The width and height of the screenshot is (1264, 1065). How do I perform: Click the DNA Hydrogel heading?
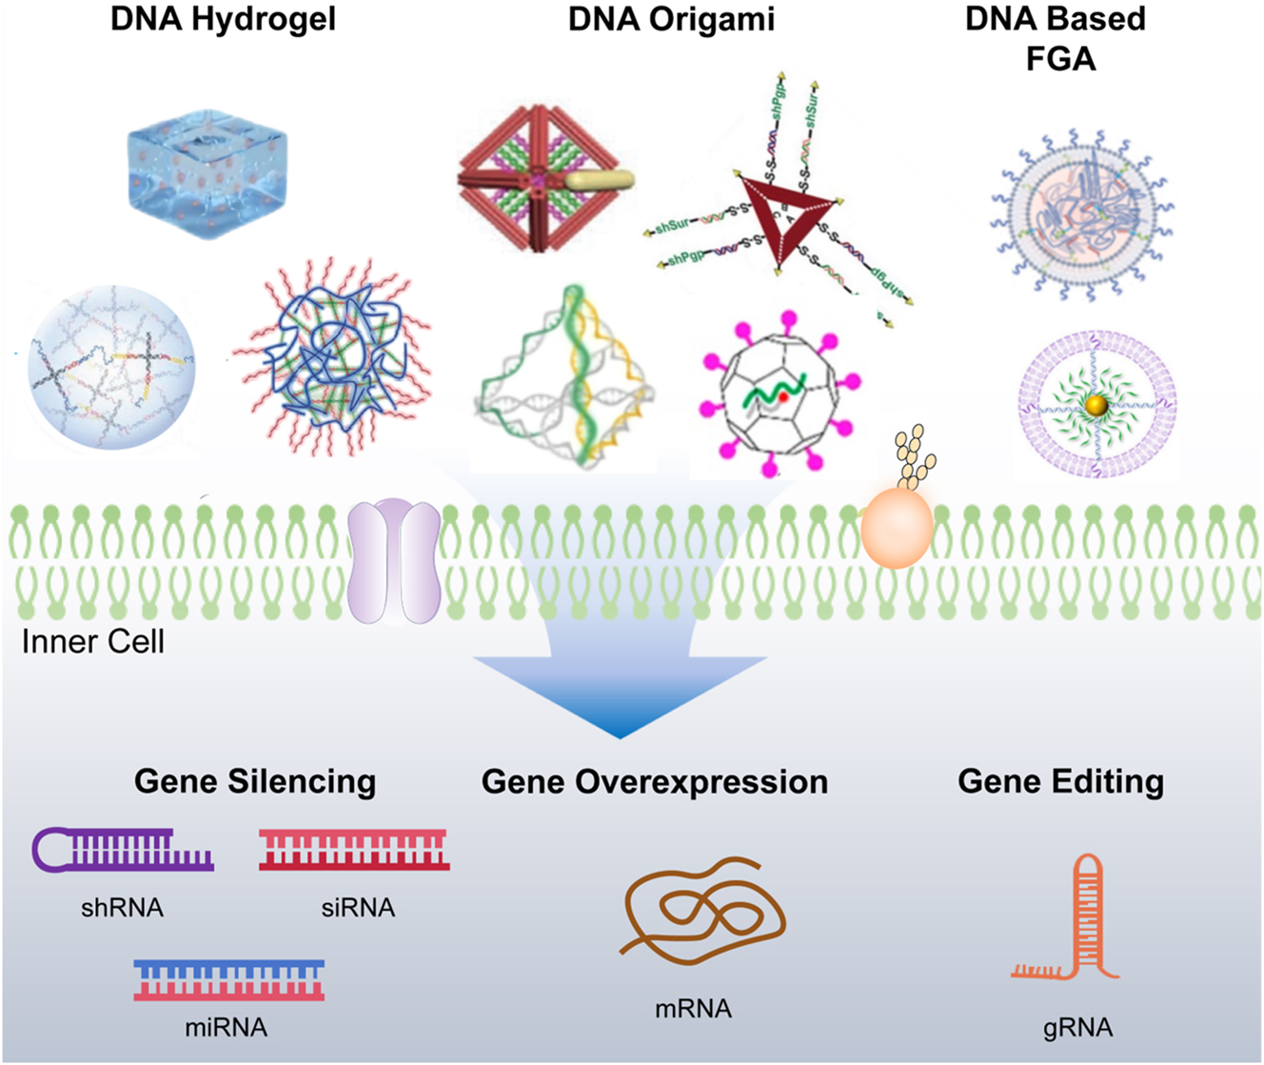coord(223,19)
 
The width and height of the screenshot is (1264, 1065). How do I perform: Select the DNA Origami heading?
coord(671,19)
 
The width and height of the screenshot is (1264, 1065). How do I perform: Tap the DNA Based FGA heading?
coord(1056,38)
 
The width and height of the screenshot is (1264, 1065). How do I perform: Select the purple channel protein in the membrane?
coord(395,563)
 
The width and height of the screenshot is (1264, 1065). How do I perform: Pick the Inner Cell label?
coord(93,641)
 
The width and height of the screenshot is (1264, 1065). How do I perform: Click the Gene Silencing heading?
coord(255,781)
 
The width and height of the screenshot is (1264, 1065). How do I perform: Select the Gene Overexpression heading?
coord(655,781)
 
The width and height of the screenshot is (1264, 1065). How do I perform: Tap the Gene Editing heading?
coord(1060,781)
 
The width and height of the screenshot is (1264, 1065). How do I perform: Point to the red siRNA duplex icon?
coord(354,849)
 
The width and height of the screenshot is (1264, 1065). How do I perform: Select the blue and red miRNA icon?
coord(229,979)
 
